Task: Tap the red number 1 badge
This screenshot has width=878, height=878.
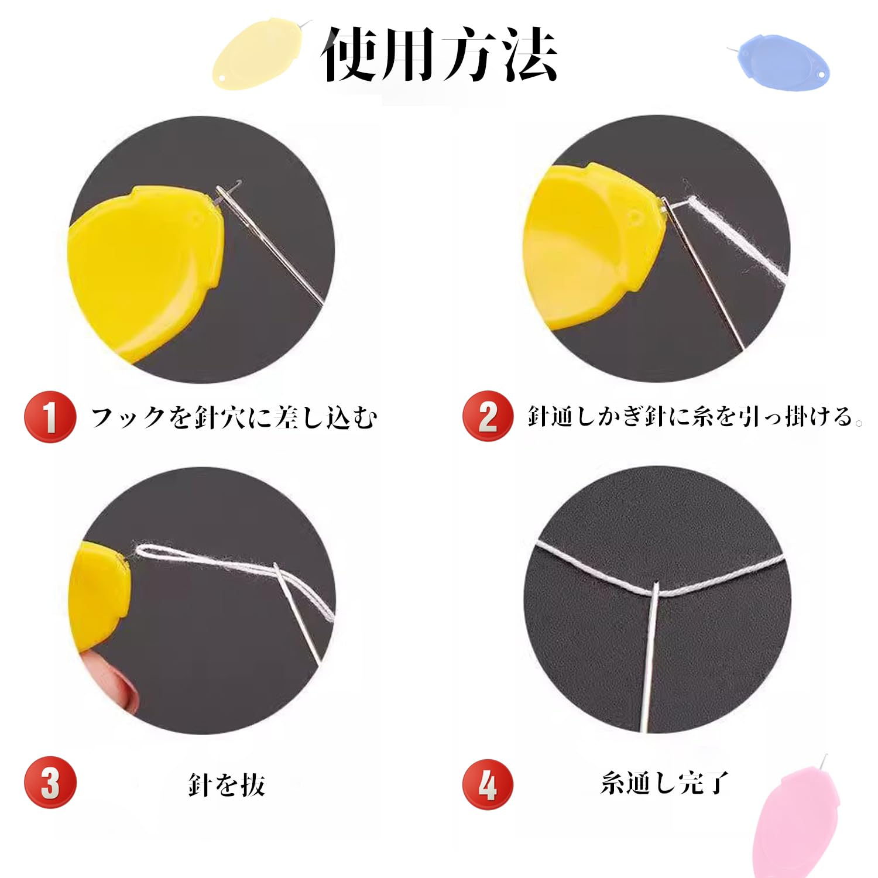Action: point(50,417)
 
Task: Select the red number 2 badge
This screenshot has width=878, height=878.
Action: point(488,416)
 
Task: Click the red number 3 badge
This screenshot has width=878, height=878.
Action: point(50,783)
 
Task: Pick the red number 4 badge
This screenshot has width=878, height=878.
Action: point(488,784)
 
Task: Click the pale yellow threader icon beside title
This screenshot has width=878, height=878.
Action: point(258,54)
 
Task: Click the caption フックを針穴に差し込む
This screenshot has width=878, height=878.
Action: point(234,417)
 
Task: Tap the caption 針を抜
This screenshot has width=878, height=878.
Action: point(227,784)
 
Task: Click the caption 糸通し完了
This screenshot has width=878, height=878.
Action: point(664,783)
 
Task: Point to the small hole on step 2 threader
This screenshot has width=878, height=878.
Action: point(636,218)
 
